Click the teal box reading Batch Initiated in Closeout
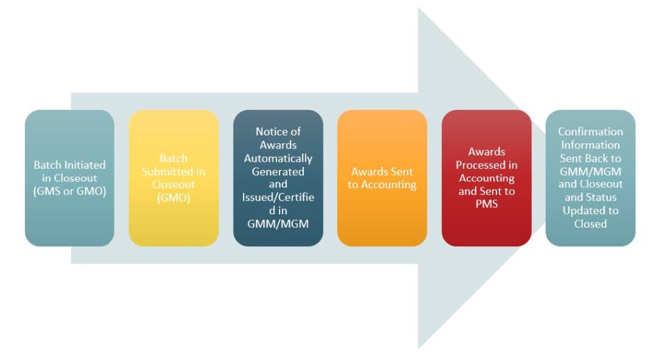(69, 178)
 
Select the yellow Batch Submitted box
(173, 178)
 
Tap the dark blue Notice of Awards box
(278, 178)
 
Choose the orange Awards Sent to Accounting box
(382, 178)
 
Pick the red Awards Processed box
(486, 178)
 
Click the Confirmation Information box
(590, 178)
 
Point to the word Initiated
(86, 165)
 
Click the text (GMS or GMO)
(69, 191)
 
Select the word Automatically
(278, 158)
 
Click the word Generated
(278, 171)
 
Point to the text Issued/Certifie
(278, 197)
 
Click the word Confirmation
(590, 131)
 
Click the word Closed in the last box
(590, 224)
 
